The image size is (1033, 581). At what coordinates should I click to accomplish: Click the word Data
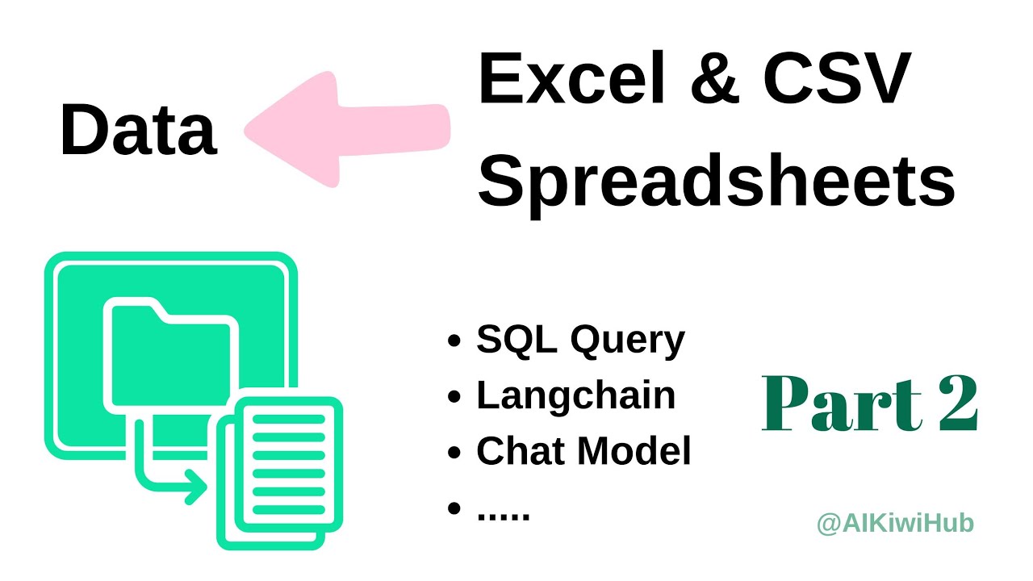(x=138, y=131)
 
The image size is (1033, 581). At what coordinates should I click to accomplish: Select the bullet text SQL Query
(x=580, y=341)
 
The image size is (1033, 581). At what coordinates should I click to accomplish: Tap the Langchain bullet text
(x=575, y=395)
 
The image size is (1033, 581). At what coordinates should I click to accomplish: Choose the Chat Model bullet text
(x=583, y=451)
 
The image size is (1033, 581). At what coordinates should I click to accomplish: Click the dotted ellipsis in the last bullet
(x=503, y=513)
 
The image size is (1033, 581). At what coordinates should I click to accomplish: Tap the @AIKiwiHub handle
(x=895, y=524)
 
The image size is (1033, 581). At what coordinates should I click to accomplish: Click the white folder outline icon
(x=169, y=355)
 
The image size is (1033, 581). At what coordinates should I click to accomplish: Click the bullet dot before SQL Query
(x=454, y=342)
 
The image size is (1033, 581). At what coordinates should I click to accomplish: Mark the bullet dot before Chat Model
(x=454, y=454)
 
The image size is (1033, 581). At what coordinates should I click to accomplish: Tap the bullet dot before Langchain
(x=454, y=398)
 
